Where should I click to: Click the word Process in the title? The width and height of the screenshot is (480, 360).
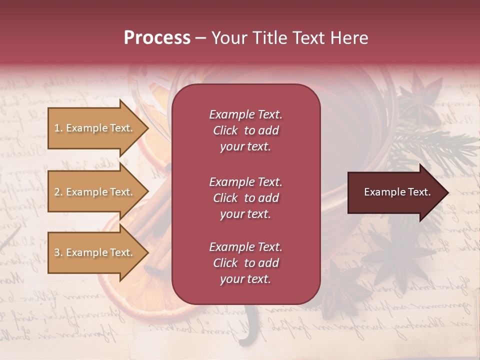(157, 38)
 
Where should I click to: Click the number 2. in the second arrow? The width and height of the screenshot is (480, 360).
(58, 192)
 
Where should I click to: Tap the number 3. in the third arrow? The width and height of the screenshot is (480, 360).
(58, 252)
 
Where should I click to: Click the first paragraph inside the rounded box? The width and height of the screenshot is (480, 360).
(245, 130)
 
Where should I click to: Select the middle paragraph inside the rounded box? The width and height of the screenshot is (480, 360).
(245, 198)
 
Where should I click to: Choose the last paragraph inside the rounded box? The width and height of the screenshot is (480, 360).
(245, 263)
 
